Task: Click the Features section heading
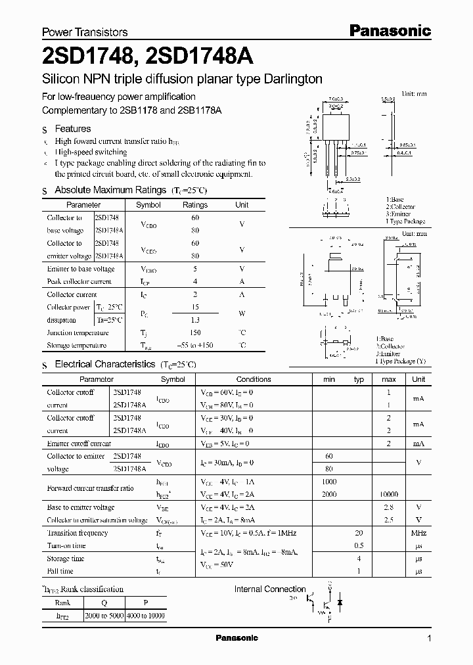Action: tap(72, 129)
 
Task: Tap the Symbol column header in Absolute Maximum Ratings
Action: tap(148, 205)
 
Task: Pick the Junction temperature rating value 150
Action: tap(194, 332)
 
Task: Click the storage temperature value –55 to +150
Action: tap(194, 345)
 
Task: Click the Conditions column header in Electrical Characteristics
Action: tap(253, 379)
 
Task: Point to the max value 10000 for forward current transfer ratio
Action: tap(388, 493)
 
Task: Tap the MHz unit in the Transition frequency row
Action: tap(418, 533)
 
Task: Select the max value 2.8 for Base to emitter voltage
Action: tap(388, 507)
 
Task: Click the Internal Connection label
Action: tap(270, 589)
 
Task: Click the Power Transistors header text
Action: tap(85, 32)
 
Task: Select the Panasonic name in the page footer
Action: tap(237, 638)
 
